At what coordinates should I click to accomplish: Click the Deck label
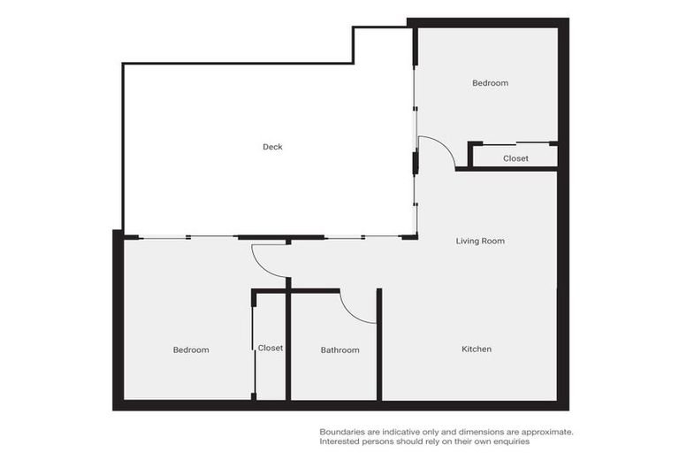coord(272,147)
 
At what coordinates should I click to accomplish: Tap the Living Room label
coord(480,241)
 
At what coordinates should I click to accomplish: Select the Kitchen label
coord(477,349)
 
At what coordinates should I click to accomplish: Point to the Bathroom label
coord(339,350)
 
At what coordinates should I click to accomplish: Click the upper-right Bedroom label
coord(490,83)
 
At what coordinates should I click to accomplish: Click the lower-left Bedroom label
coord(190,350)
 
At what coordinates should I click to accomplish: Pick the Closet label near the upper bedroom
coord(515,158)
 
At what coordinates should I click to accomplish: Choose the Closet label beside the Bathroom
coord(271,348)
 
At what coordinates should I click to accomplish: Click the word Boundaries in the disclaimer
coord(342,432)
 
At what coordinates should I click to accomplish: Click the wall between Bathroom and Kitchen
coord(379,345)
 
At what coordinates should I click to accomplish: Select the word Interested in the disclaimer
coord(340,441)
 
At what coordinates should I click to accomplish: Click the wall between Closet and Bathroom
coord(288,345)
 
